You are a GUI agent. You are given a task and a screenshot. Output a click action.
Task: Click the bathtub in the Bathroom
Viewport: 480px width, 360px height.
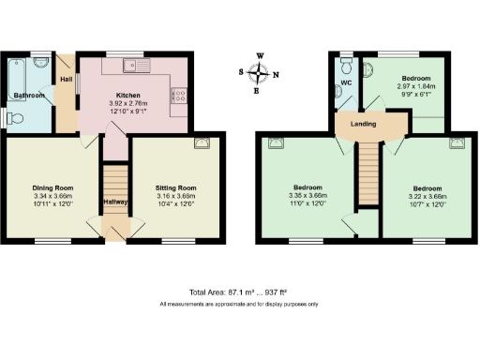19,71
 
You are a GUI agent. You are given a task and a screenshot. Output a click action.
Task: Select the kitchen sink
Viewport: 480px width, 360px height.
136,66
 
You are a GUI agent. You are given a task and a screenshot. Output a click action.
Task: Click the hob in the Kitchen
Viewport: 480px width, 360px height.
178,94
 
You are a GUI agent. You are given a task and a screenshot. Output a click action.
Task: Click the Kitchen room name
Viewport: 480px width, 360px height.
127,95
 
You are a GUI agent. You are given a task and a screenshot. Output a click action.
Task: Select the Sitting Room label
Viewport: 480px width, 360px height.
176,187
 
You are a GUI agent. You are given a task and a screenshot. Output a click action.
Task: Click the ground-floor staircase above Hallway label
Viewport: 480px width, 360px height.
113,186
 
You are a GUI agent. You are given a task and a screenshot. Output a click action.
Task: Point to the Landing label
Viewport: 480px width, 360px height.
363,124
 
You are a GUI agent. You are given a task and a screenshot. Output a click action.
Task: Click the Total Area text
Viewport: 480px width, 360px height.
239,292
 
